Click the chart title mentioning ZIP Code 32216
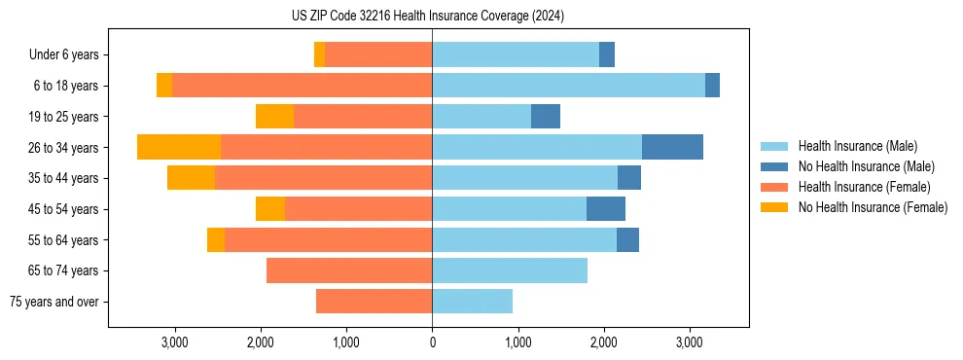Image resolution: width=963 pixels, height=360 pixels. click(x=428, y=16)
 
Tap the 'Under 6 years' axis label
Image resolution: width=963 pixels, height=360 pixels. click(x=64, y=55)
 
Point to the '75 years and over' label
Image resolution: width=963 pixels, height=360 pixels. click(x=54, y=302)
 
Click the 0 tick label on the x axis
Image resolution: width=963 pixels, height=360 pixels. click(x=432, y=342)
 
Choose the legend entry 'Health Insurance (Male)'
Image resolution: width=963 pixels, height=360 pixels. click(x=856, y=146)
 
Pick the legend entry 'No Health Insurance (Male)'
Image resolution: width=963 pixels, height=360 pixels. click(x=866, y=166)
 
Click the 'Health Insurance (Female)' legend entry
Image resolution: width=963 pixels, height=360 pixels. click(x=864, y=187)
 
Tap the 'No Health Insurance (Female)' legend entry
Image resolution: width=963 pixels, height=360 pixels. click(x=873, y=207)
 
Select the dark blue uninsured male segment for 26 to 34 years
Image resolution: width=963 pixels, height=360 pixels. click(x=672, y=147)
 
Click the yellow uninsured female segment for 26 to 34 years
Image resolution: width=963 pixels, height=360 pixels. click(x=179, y=147)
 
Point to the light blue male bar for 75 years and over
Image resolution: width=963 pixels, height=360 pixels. click(x=472, y=302)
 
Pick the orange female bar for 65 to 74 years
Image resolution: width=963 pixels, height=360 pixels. click(x=349, y=270)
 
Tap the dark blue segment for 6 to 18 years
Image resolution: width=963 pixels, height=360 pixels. click(x=712, y=86)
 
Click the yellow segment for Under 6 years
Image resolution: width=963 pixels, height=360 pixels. click(x=319, y=55)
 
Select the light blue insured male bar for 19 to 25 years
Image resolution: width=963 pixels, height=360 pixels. click(x=481, y=117)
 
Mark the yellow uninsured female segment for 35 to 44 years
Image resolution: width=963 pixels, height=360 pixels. click(x=191, y=178)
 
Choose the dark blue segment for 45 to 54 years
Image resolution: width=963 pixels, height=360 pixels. click(x=606, y=209)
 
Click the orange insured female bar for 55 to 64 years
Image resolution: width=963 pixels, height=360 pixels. click(x=328, y=239)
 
